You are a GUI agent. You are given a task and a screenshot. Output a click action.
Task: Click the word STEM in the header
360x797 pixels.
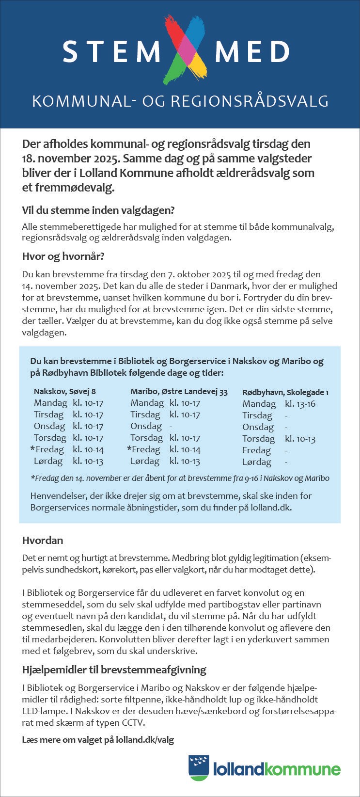tap(111, 52)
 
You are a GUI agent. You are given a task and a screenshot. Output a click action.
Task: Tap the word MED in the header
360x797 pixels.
tap(252, 52)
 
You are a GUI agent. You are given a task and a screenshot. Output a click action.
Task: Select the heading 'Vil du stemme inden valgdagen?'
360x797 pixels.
tap(98, 210)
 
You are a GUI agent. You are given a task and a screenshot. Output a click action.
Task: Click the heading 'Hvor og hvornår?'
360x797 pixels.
tap(63, 256)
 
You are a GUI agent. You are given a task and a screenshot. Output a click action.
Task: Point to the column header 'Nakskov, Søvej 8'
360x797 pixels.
tap(65, 391)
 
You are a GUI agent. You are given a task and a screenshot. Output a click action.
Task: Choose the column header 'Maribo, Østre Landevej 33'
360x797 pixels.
tap(179, 391)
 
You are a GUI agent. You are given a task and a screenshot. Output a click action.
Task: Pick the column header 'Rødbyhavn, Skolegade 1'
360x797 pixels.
tap(285, 392)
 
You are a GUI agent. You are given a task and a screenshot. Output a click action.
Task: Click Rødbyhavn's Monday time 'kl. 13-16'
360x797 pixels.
tap(300, 404)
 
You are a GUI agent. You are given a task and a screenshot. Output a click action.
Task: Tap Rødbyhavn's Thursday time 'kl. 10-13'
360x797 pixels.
tap(300, 439)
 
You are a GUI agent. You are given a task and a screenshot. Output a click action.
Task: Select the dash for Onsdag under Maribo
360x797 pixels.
tap(171, 426)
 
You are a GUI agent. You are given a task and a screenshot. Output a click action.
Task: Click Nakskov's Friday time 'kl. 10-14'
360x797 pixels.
tap(88, 449)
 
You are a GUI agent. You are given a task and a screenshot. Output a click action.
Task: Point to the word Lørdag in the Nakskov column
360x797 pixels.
tap(48, 461)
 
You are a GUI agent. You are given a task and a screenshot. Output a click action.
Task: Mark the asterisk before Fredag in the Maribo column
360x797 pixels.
tap(129, 448)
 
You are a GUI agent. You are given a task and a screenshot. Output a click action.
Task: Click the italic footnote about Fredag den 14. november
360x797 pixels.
tap(180, 478)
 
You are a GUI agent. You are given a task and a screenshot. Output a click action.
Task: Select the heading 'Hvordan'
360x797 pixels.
tap(43, 540)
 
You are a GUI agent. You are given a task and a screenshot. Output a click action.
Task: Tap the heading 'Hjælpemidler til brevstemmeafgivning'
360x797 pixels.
tap(114, 669)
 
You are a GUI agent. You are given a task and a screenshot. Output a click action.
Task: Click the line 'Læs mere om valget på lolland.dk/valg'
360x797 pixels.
tap(98, 739)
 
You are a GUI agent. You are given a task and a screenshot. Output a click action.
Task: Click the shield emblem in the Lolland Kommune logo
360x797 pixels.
tap(199, 767)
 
